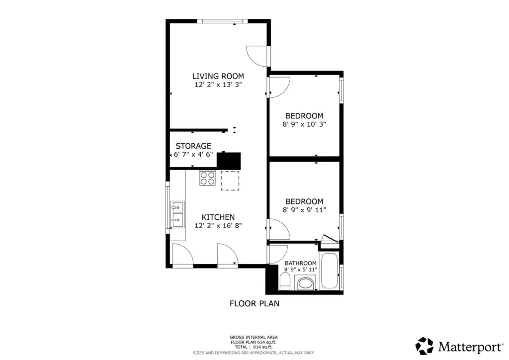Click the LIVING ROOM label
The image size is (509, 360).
pos(218,76)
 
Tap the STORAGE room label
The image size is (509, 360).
pos(193,146)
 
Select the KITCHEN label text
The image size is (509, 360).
pos(218,217)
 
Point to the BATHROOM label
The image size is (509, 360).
pos(301,263)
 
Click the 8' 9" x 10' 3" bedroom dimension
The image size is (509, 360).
pos(304,124)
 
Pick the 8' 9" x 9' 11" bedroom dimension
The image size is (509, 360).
pos(304,210)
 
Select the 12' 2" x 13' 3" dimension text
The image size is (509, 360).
pos(218,85)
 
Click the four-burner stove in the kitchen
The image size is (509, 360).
pos(208,178)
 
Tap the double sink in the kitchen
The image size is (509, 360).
pos(177,215)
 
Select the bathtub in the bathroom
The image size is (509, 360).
pos(329,271)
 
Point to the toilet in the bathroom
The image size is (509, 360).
pos(285,281)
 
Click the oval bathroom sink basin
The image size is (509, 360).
pos(306,284)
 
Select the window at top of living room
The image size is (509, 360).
pos(222,21)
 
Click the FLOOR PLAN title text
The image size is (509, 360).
pos(254,303)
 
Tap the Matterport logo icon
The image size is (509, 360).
pos(424,346)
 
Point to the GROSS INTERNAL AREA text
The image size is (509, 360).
pos(254,337)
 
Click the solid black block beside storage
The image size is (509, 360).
pos(229,161)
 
